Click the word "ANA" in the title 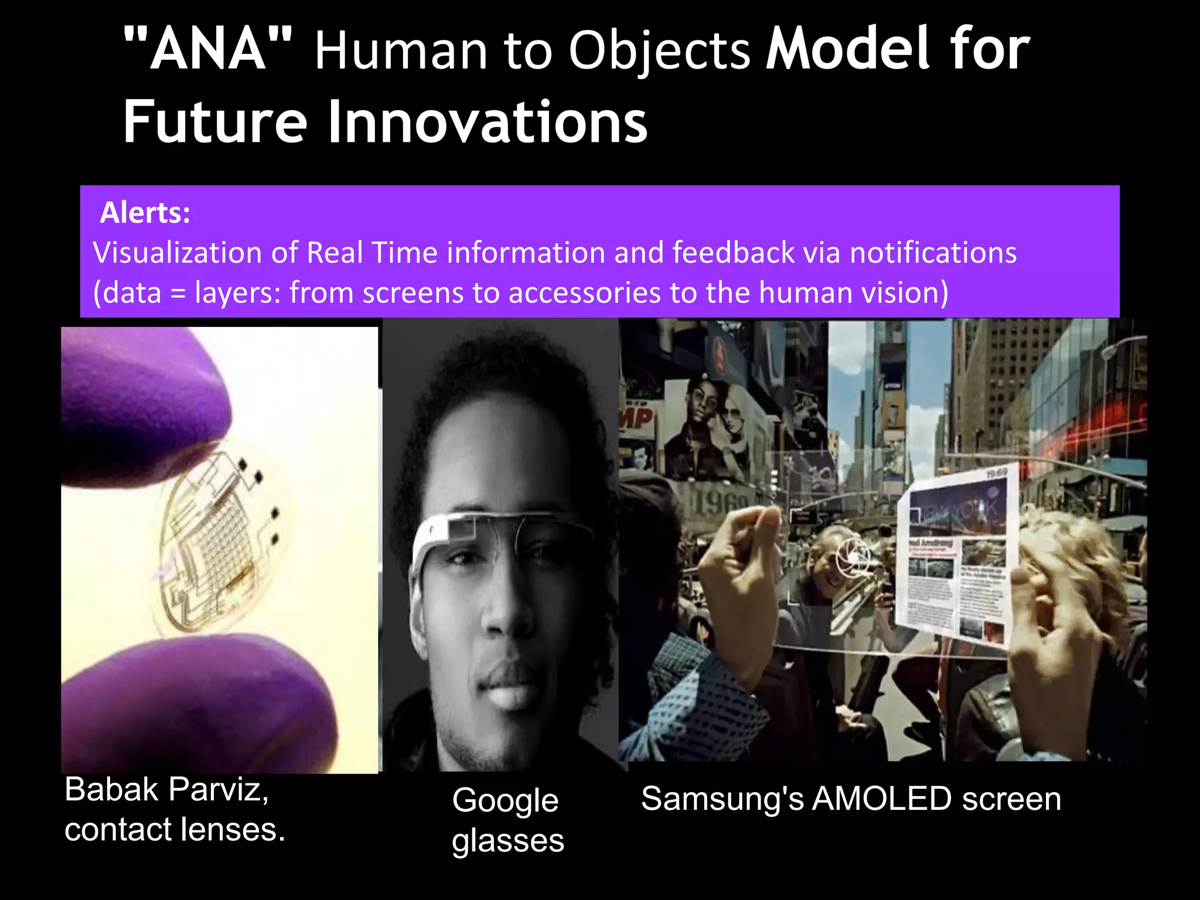point(208,49)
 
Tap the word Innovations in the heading point(487,122)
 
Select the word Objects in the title point(659,50)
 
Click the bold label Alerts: point(145,212)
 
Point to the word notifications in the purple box point(933,253)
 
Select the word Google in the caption point(505,800)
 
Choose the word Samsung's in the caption point(722,799)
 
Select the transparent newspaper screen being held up point(955,562)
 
